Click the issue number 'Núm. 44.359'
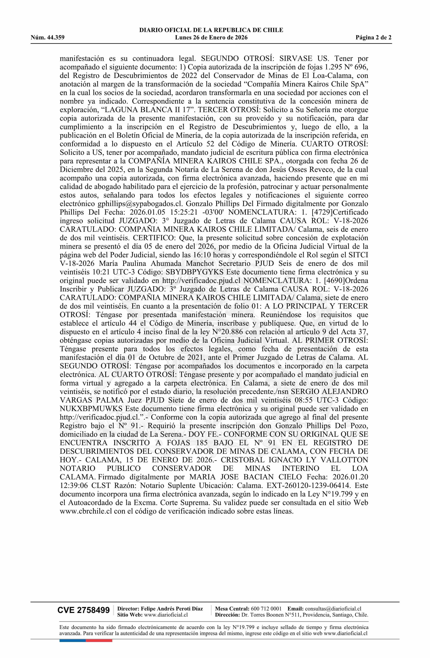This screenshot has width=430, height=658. click(48, 38)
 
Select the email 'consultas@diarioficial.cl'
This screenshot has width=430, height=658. click(333, 609)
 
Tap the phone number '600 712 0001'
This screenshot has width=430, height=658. click(266, 609)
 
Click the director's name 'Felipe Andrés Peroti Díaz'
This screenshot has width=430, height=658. click(172, 609)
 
